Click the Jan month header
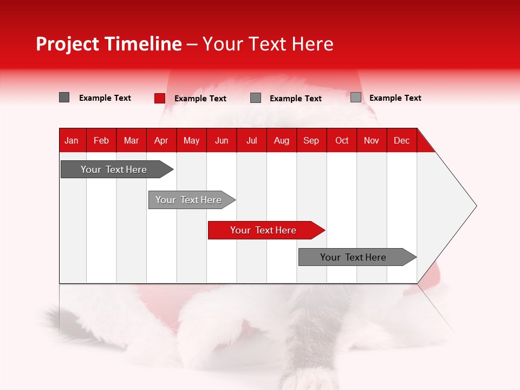click(71, 140)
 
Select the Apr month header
click(161, 140)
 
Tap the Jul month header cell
click(252, 140)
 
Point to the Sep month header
click(311, 140)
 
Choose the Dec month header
click(402, 140)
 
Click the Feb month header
click(101, 140)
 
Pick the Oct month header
click(342, 140)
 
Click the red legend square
click(160, 98)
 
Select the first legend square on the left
click(64, 97)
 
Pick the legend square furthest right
click(356, 97)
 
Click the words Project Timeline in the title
click(109, 44)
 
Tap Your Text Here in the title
click(268, 44)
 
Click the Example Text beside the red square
click(200, 99)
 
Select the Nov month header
click(372, 140)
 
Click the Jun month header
click(222, 140)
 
